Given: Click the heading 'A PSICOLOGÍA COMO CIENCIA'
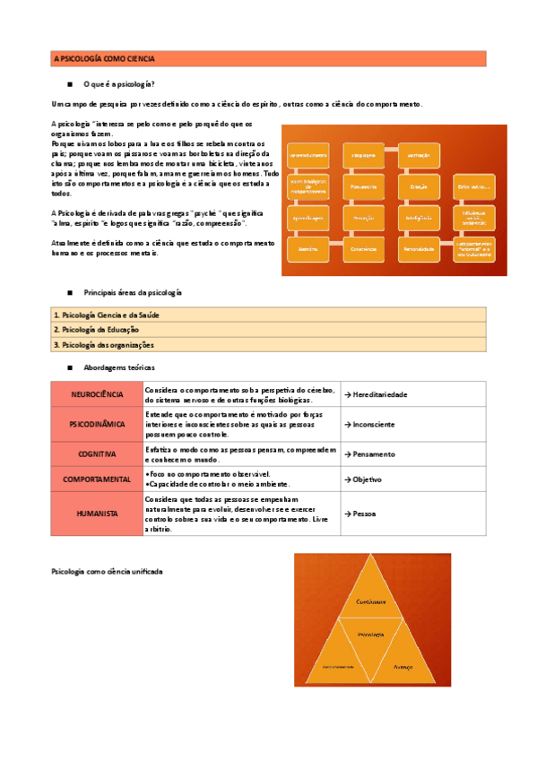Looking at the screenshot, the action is click(x=105, y=59).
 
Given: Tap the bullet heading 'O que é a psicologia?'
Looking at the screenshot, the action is click(x=118, y=84).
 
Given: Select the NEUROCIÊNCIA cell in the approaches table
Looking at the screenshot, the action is click(x=97, y=394).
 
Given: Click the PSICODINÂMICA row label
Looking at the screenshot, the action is click(x=97, y=424).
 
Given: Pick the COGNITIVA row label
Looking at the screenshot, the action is click(x=97, y=453).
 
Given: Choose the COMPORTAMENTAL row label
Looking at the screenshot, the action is click(x=97, y=479).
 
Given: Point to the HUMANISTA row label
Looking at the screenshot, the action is click(x=97, y=514).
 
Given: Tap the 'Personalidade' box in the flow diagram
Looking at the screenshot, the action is click(x=420, y=247).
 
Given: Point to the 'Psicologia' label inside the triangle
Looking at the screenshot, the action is click(x=370, y=634).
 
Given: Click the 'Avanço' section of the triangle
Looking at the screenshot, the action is click(x=403, y=667).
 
